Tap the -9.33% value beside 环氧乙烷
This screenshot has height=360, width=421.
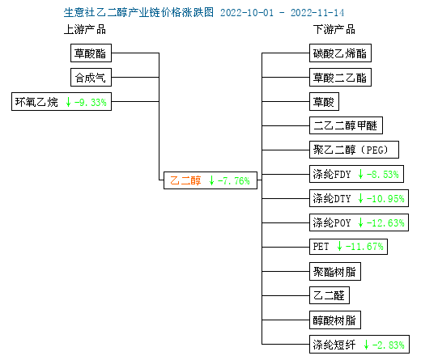(x=91, y=102)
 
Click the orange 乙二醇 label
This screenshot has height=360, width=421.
(x=185, y=180)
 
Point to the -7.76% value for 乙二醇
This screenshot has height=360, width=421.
(x=234, y=180)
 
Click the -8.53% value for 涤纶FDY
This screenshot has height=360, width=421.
(x=383, y=174)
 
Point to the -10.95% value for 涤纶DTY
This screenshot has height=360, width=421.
(x=385, y=198)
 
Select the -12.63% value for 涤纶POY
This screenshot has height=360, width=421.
(x=385, y=222)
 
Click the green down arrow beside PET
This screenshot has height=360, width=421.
(x=339, y=246)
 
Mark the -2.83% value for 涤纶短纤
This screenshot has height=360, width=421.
(x=389, y=345)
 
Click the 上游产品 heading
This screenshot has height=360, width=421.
(x=85, y=29)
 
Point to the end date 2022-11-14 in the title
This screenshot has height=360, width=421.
(x=317, y=13)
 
